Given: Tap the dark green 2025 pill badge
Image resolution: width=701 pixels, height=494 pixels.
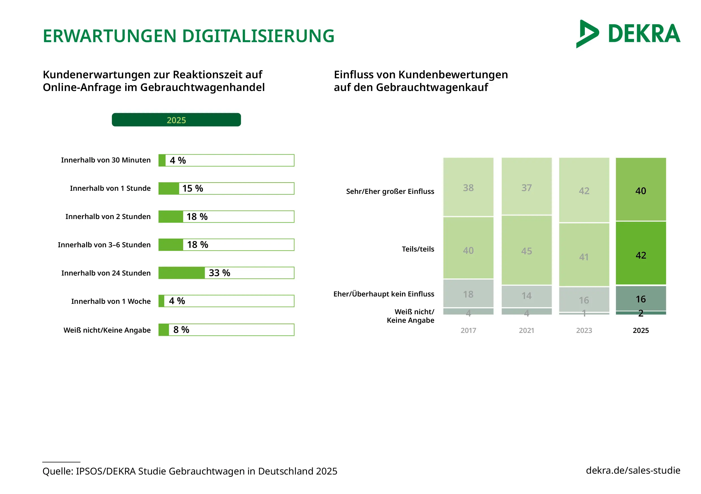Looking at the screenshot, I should click(176, 120).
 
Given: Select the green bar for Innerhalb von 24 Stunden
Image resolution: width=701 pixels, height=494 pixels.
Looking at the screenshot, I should click(181, 273).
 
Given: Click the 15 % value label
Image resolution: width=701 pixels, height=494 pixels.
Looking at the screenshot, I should click(193, 188).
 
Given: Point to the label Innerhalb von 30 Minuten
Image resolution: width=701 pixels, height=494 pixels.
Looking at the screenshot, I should click(106, 160).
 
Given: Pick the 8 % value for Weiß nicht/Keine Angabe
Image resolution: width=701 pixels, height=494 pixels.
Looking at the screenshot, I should click(181, 330).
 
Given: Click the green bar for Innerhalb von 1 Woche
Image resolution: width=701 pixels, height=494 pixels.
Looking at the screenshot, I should click(161, 301).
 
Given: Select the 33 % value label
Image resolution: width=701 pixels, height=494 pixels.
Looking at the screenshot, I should click(219, 273).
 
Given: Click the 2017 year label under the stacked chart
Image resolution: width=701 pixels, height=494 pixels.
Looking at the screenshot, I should click(468, 330).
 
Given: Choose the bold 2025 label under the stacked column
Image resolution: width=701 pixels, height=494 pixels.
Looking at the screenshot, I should click(641, 330).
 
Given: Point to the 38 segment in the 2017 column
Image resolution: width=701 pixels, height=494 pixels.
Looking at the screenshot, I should click(468, 187).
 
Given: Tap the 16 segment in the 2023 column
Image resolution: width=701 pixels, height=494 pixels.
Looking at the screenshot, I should click(584, 300).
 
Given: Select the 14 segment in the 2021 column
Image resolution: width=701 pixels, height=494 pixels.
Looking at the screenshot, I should click(526, 296).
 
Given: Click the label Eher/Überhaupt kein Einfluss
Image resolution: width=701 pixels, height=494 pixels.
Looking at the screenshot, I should click(384, 294).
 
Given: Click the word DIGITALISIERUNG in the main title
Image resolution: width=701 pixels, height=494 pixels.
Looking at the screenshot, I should click(258, 36).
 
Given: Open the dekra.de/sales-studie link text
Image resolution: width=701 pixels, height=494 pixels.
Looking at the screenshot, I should click(633, 470).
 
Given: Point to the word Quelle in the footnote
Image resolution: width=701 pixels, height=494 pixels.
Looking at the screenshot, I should click(58, 471).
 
